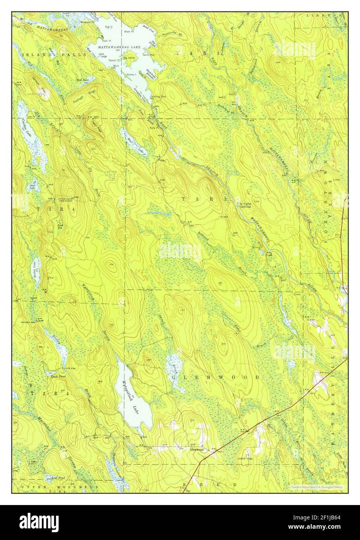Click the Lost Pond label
click(52, 477)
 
